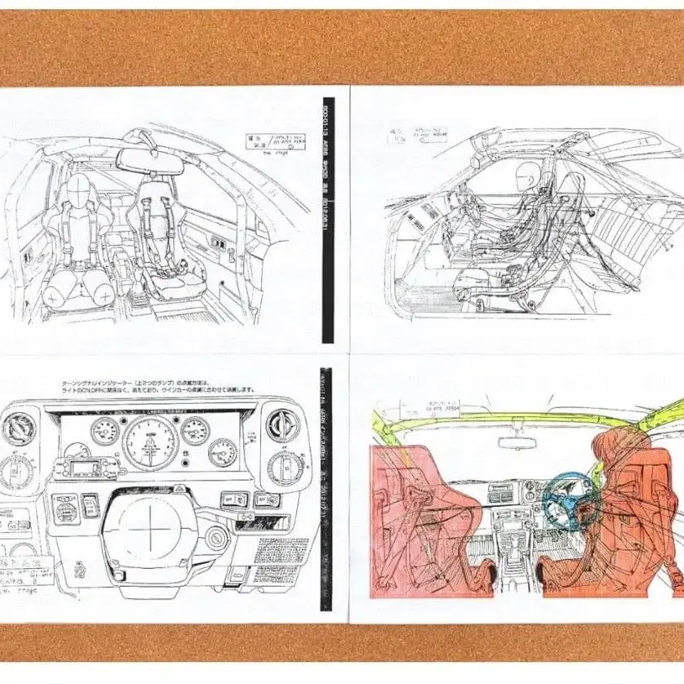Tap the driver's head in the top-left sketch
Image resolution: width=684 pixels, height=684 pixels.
coord(80,191)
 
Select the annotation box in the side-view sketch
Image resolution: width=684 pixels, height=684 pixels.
coord(417,135)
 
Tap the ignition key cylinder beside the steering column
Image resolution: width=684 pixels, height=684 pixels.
coord(217,538)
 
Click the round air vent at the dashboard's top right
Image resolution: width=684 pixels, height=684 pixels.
coord(283,425)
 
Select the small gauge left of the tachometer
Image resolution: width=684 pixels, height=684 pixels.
coord(106,431)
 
